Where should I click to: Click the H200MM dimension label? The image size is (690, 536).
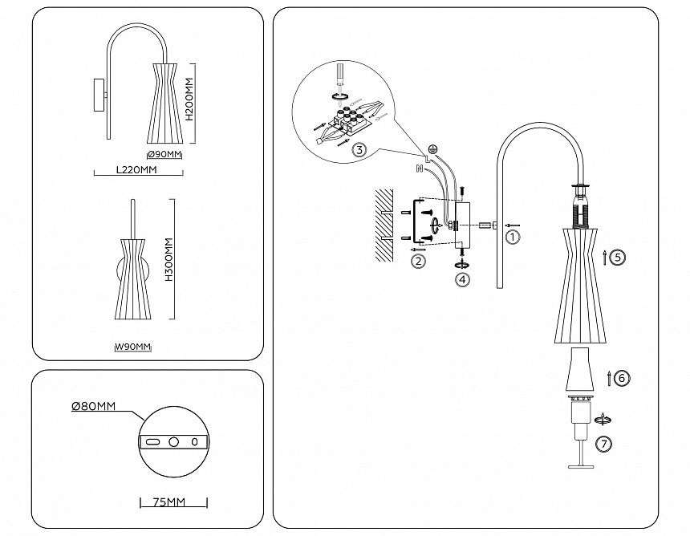tap(189, 100)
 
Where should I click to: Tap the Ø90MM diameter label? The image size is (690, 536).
tap(164, 154)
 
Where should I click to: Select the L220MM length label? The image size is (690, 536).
tap(136, 170)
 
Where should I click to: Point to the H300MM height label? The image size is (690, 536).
tap(169, 258)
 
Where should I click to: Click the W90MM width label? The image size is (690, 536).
tap(132, 347)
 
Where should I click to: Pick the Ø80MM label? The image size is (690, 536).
tap(94, 407)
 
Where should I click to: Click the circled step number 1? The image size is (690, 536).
tap(513, 237)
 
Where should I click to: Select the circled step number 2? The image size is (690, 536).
tap(417, 260)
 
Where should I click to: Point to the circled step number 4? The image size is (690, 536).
tap(461, 279)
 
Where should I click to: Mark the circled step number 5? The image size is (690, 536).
tap(616, 258)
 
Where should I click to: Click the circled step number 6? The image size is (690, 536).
tap(622, 378)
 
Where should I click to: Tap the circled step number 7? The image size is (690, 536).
tap(604, 442)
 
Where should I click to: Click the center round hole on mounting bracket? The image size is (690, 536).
tap(173, 441)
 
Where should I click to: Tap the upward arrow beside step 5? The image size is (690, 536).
tap(603, 258)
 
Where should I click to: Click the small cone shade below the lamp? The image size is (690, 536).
tap(582, 371)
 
